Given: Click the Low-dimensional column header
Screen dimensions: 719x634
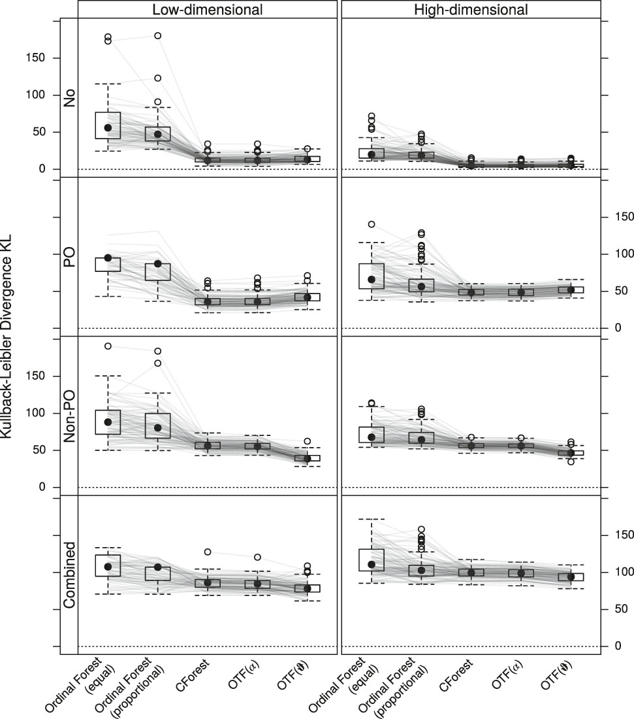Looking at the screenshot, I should [x=208, y=9].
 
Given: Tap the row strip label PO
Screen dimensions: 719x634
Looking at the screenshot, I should [x=69, y=257].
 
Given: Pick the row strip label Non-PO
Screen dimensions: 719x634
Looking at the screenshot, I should [x=69, y=416].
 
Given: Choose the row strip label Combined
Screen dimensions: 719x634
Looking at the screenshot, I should [x=69, y=575].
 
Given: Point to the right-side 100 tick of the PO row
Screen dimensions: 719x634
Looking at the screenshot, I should [x=621, y=254].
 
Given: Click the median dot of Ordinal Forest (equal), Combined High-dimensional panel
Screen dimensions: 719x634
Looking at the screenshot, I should [x=372, y=564].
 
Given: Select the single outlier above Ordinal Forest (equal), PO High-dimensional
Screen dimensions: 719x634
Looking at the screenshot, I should [x=372, y=224].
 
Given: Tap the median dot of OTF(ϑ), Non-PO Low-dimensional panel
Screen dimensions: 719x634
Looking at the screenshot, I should [x=307, y=459].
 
